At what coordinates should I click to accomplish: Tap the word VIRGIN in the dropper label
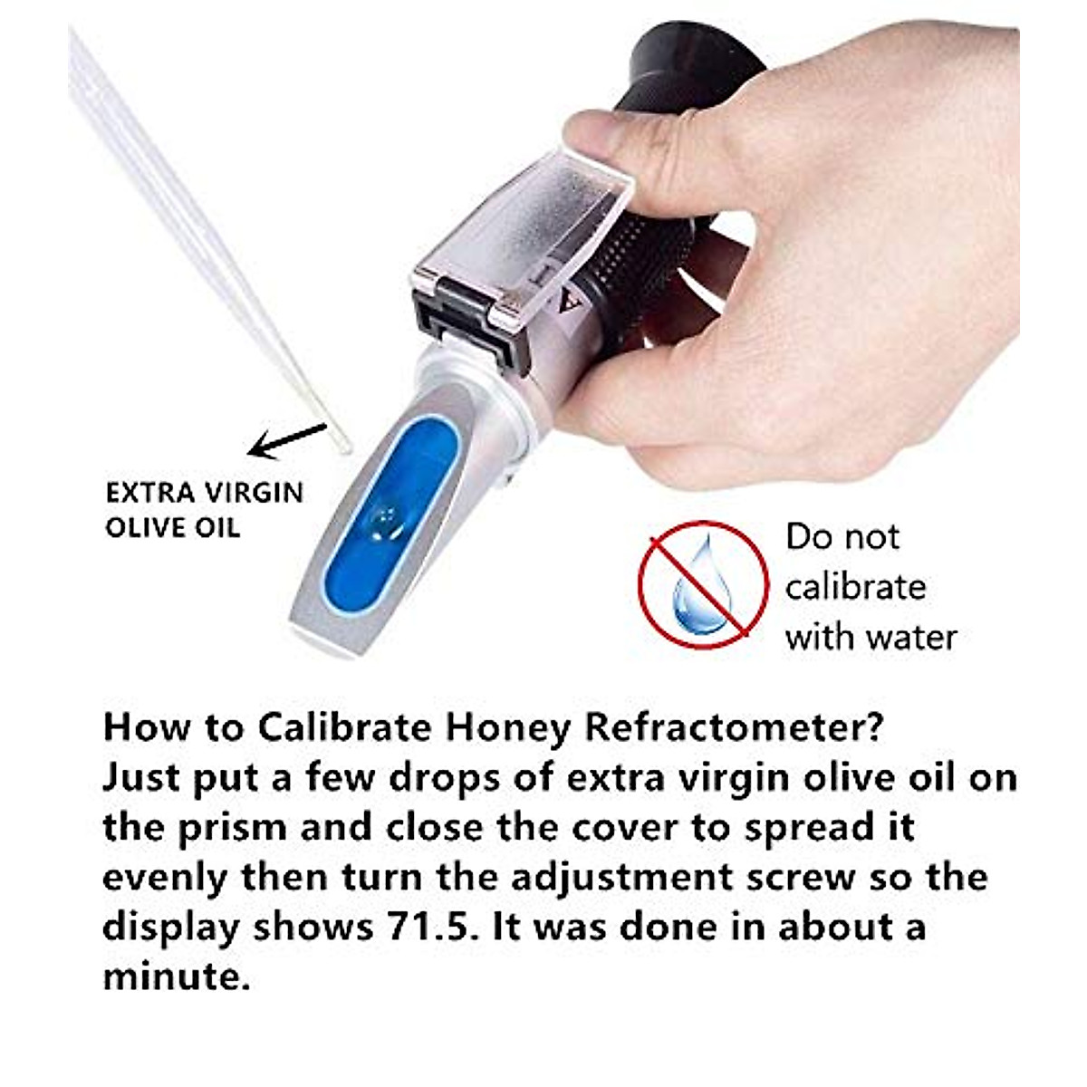click(x=253, y=493)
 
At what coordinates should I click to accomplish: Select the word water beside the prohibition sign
click(x=909, y=638)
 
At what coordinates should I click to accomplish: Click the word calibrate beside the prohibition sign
click(x=855, y=587)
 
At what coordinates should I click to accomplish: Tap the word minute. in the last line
click(x=176, y=976)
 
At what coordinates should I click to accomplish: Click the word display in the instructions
click(x=170, y=927)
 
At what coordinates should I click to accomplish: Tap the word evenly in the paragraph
click(x=164, y=877)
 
